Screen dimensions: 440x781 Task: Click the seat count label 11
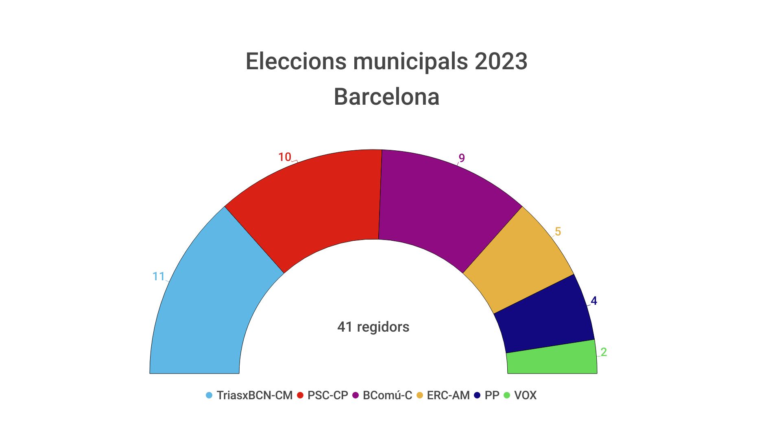point(158,277)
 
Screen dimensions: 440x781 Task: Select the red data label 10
point(285,157)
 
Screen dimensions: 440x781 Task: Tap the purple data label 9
point(462,158)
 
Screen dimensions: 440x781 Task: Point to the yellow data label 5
point(558,232)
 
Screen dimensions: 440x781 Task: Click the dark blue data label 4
point(594,301)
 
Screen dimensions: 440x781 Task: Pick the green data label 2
point(604,352)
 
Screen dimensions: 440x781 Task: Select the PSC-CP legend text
point(327,395)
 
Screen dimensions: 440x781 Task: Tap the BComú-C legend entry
point(387,395)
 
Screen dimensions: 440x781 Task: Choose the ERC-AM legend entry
point(448,395)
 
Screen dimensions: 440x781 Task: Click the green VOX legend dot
point(507,395)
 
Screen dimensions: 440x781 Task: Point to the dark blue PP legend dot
point(477,395)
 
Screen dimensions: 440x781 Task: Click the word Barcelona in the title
point(386,97)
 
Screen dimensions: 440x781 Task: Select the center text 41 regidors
point(373,327)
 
